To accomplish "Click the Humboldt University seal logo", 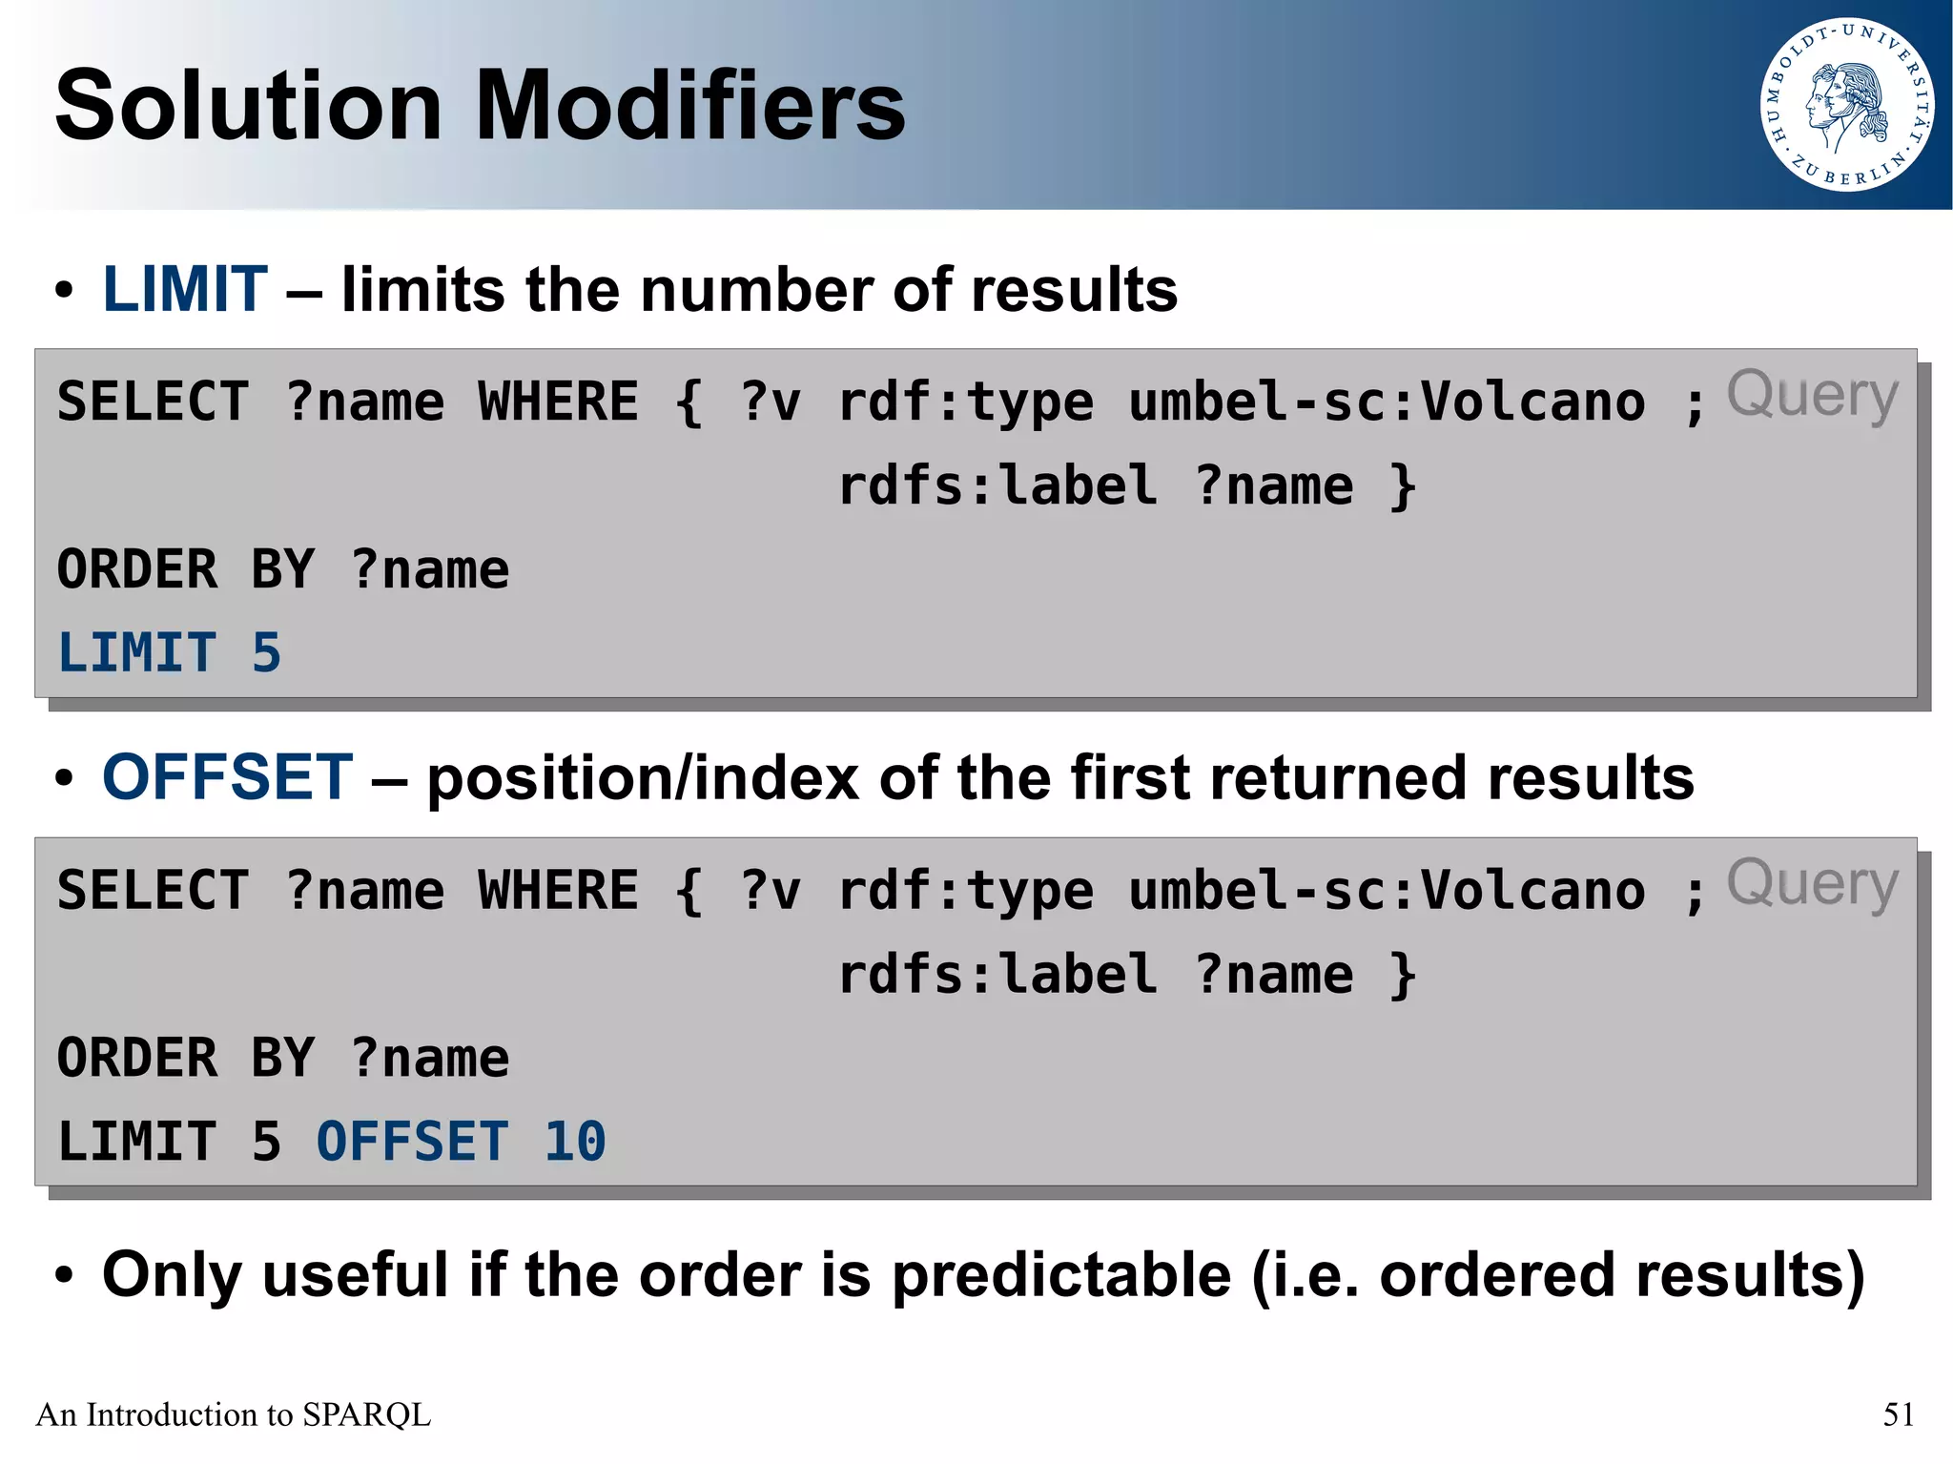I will [x=1847, y=105].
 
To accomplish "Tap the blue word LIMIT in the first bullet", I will [x=185, y=289].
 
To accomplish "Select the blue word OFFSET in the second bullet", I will [x=228, y=777].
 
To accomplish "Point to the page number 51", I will [x=1898, y=1414].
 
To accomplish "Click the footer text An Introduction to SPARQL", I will [x=234, y=1414].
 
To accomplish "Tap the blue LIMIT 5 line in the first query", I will [x=170, y=653].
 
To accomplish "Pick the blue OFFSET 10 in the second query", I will [x=461, y=1142].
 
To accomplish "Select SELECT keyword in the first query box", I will [x=154, y=402].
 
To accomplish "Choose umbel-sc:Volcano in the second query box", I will [x=1387, y=891].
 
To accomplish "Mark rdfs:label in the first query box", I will [x=997, y=485].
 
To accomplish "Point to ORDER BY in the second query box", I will [x=186, y=1058].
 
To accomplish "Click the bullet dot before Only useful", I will [x=64, y=1276].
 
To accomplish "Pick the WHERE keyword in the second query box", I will [x=558, y=891].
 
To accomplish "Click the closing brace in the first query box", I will [x=1403, y=485].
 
